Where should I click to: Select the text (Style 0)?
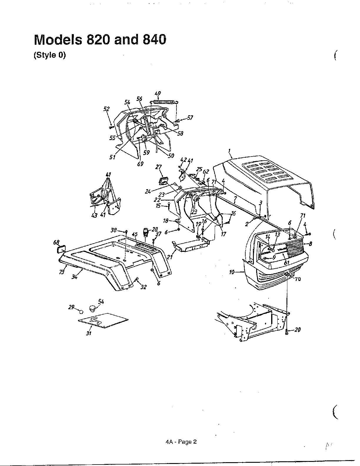[x=49, y=55]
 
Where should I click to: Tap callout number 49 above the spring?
[x=158, y=94]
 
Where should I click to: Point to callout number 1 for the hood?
[x=230, y=151]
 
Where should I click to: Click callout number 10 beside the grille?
[x=232, y=272]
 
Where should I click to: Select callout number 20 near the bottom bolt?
[x=297, y=330]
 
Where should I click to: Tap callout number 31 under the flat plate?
[x=89, y=333]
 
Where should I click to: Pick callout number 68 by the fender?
[x=56, y=242]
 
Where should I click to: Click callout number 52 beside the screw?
[x=106, y=109]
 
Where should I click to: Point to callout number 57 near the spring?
[x=190, y=118]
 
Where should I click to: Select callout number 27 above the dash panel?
[x=159, y=167]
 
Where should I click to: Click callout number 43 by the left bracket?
[x=94, y=215]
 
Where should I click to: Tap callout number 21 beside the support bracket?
[x=169, y=257]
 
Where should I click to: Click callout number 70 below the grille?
[x=298, y=279]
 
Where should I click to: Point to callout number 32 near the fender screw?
[x=143, y=287]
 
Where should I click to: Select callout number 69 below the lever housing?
[x=140, y=164]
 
